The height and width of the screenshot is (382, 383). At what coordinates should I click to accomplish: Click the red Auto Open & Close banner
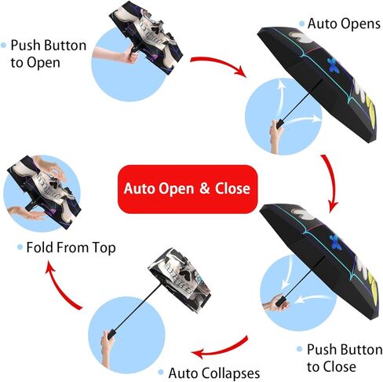[x=188, y=189]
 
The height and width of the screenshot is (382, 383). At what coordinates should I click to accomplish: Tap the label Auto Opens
[x=344, y=24]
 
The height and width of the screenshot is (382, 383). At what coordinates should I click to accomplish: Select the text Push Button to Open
[x=49, y=53]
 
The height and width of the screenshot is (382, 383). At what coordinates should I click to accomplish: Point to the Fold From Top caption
[x=71, y=248]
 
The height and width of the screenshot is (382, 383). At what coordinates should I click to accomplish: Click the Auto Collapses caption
[x=214, y=373]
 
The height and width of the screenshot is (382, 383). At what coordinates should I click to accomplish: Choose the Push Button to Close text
[x=345, y=358]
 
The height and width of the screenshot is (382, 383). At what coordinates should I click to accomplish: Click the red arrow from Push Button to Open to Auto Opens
[x=219, y=65]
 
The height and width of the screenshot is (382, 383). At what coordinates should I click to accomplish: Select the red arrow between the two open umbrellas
[x=330, y=183]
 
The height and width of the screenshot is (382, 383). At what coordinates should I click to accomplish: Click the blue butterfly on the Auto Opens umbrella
[x=333, y=64]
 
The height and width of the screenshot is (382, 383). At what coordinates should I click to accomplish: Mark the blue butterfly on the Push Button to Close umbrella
[x=335, y=241]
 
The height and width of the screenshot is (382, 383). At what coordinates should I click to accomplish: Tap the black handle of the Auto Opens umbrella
[x=279, y=123]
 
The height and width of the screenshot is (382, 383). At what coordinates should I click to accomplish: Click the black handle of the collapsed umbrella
[x=111, y=334]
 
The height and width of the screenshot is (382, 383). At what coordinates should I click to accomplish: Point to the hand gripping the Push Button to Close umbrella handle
[x=275, y=305]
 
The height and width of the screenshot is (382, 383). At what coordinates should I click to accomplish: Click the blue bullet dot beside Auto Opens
[x=301, y=24]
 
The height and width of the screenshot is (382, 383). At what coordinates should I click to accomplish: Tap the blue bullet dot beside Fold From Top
[x=20, y=247]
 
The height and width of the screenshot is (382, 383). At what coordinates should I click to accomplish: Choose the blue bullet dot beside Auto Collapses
[x=161, y=372]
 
